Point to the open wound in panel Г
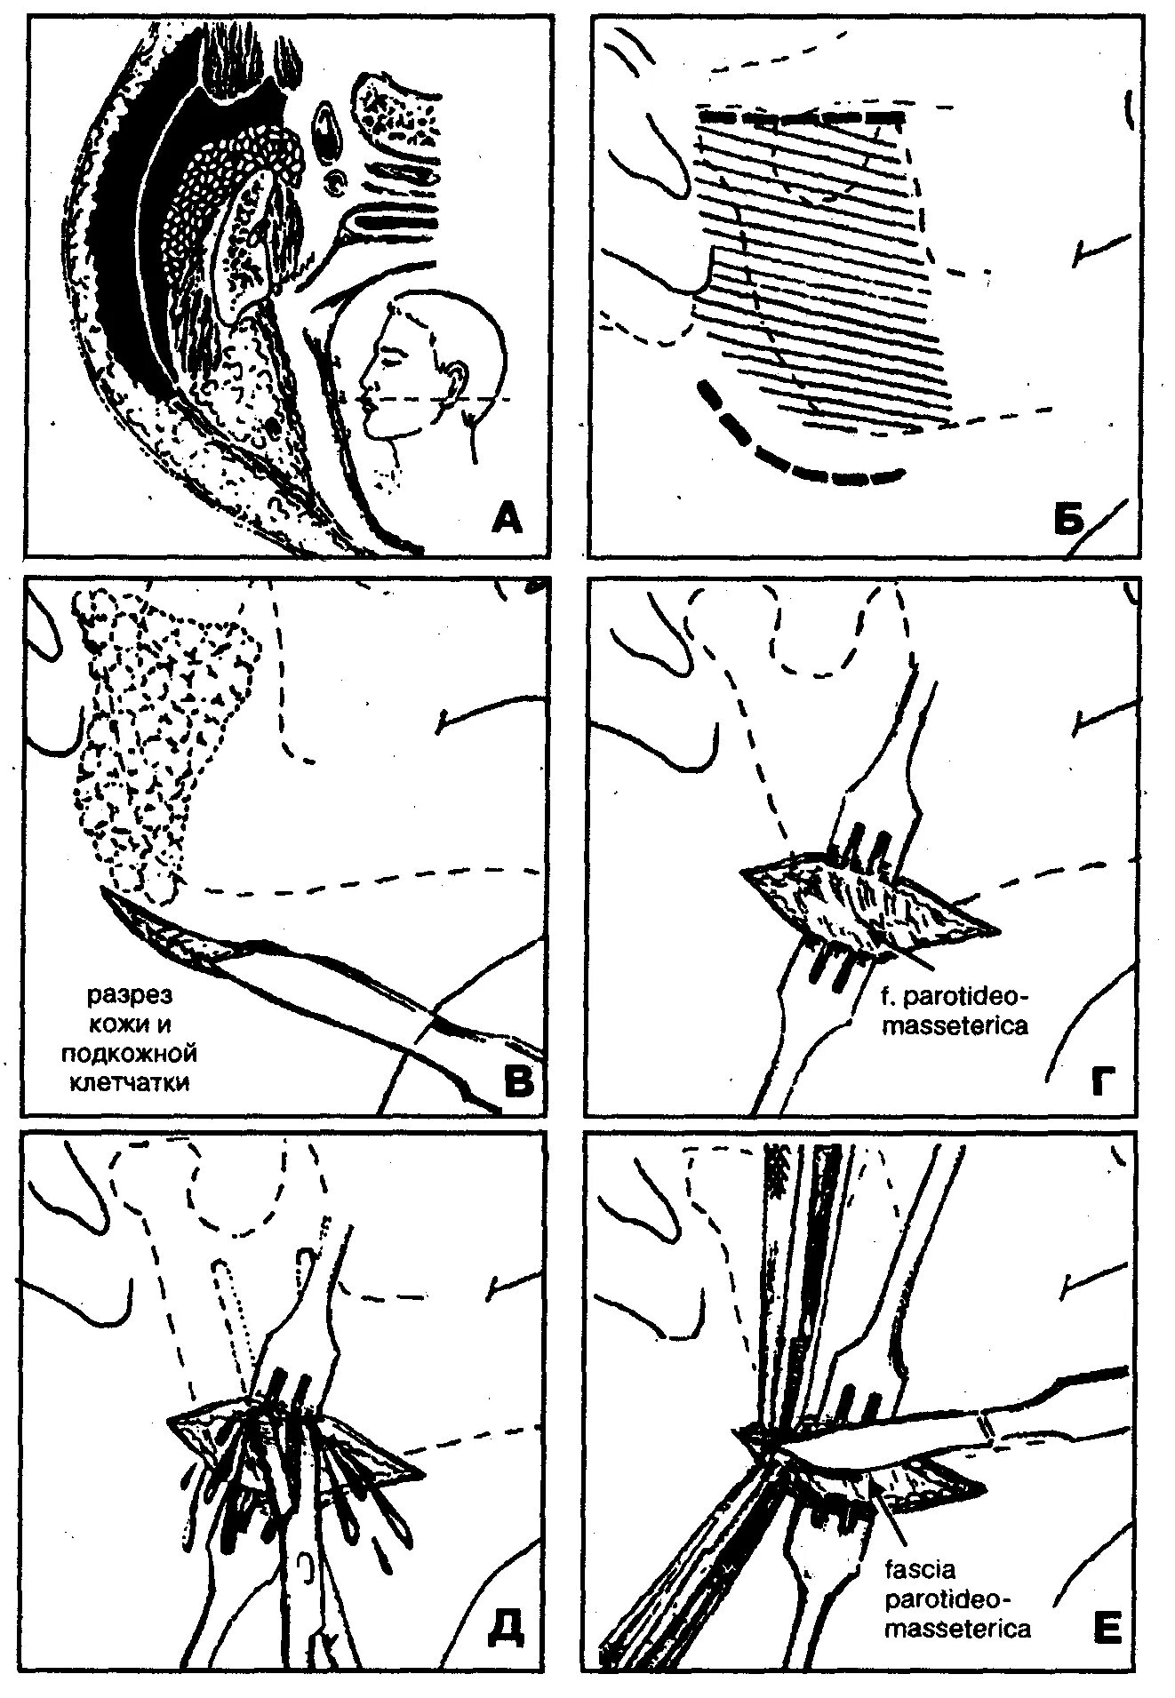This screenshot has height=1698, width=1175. coord(867,902)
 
